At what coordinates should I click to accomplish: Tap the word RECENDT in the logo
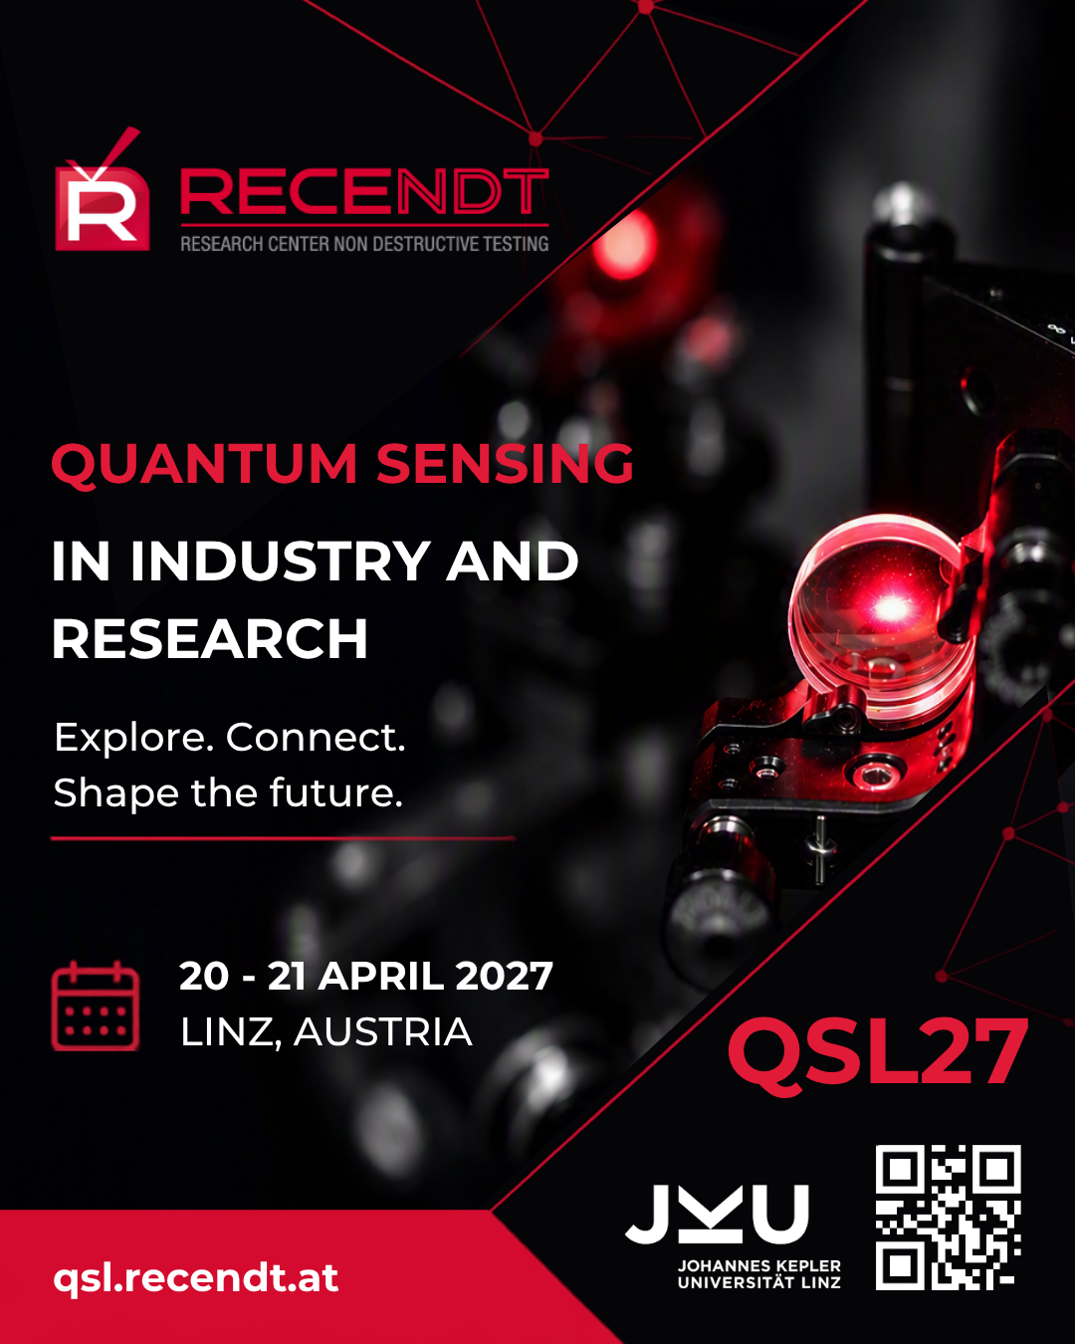tap(364, 192)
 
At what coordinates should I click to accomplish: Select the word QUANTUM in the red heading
tap(204, 464)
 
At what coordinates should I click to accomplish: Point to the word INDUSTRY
tap(280, 560)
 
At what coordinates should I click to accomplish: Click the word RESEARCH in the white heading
tap(210, 638)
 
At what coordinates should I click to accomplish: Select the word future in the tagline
tap(336, 792)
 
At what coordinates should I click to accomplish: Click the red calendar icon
tap(95, 1007)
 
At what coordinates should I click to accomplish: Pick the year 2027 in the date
tap(504, 976)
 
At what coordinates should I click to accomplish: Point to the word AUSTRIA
tap(383, 1031)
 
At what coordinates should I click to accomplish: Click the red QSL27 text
tap(878, 1054)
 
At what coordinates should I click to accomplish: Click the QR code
tap(949, 1218)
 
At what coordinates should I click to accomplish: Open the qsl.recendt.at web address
tap(196, 1278)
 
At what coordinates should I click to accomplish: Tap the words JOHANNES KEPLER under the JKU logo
tap(758, 1265)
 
